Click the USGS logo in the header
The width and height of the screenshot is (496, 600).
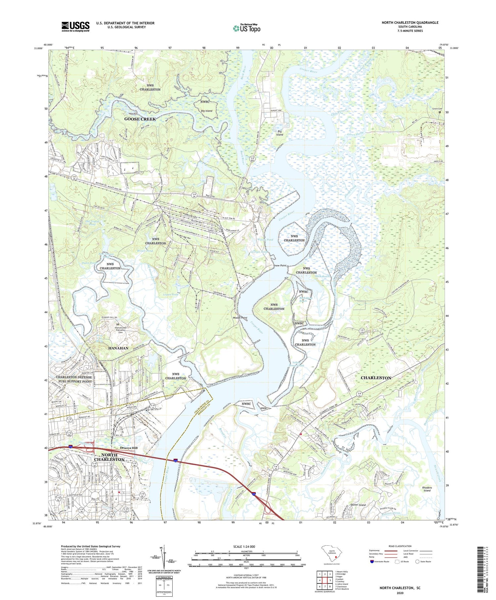[75, 26]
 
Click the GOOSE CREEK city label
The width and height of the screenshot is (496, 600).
[140, 119]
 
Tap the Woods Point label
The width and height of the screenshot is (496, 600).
[240, 318]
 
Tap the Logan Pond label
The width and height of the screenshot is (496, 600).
[171, 294]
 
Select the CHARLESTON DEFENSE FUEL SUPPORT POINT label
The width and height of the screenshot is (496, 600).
[74, 379]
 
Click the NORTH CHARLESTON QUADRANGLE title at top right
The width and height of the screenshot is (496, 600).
[410, 23]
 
